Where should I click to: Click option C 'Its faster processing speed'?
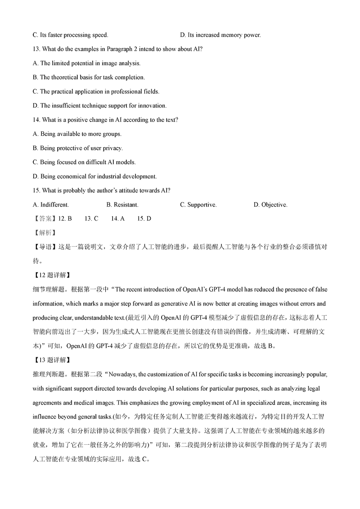[x=70, y=35]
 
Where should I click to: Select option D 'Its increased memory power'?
[x=220, y=35]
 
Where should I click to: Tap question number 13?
[x=37, y=49]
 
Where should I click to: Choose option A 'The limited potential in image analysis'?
[x=87, y=63]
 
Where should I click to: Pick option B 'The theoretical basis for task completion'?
[x=89, y=77]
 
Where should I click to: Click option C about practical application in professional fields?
[x=96, y=91]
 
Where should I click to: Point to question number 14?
[x=37, y=120]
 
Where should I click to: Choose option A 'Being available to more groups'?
[x=77, y=134]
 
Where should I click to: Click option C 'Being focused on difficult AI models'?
[x=84, y=162]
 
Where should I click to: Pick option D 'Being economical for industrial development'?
[x=94, y=176]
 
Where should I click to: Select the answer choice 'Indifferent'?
[x=51, y=205]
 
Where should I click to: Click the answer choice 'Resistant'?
[x=122, y=205]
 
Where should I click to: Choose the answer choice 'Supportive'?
[x=198, y=205]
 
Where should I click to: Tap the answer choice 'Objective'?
[x=270, y=205]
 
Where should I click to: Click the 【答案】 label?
[x=43, y=219]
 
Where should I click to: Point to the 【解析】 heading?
[x=43, y=233]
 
